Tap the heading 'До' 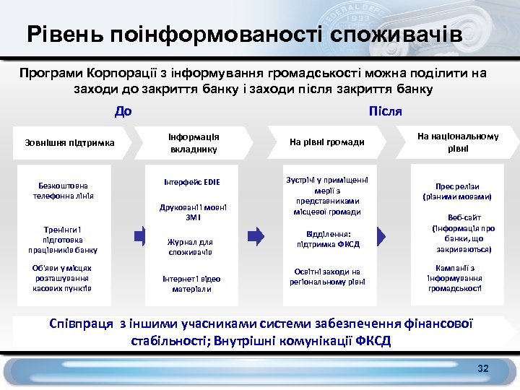tap(123, 111)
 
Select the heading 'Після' tap(385, 111)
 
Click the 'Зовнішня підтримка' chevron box tap(70, 143)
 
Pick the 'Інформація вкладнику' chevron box tap(194, 143)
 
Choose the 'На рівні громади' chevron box tap(326, 143)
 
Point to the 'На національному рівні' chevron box tap(457, 142)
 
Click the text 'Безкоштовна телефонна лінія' tap(64, 191)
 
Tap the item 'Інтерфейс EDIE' tap(194, 182)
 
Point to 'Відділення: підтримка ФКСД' tap(328, 239)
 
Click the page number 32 tap(483, 369)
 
